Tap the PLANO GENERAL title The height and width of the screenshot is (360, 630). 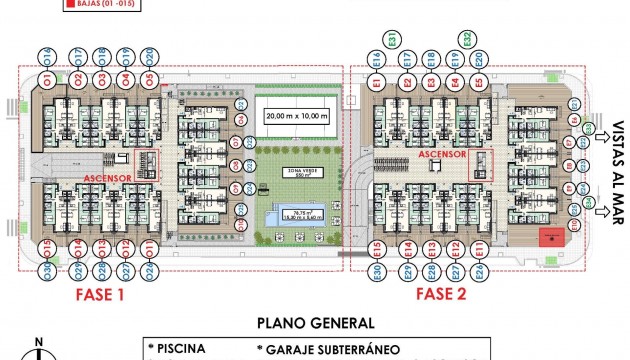point(315,323)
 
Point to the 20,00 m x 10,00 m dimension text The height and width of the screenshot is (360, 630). point(296,116)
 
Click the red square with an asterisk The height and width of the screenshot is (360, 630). point(548,237)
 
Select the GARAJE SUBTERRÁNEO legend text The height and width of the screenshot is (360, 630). point(331,349)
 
